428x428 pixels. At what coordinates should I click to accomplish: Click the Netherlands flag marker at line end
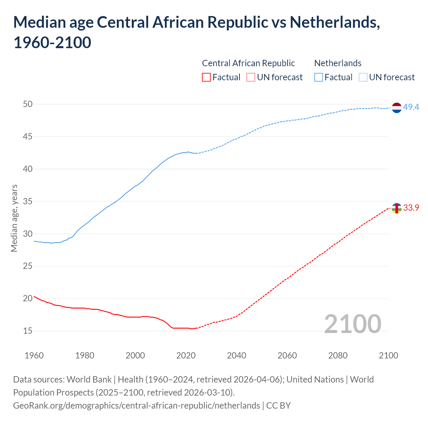pos(396,108)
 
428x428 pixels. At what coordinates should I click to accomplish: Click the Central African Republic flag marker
pos(396,208)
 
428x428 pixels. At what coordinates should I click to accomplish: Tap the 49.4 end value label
pos(411,107)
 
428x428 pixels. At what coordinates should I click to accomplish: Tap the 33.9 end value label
pos(411,208)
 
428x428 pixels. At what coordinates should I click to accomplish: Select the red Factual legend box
pos(206,77)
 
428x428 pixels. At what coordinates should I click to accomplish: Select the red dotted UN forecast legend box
pos(251,77)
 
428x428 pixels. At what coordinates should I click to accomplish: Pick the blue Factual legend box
pos(319,77)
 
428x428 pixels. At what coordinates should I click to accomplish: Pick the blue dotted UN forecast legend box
pos(363,77)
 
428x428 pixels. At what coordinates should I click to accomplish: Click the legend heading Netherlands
pos(338,63)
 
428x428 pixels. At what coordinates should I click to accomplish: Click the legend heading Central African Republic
pos(248,63)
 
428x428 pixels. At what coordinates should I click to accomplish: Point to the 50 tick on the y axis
pos(28,104)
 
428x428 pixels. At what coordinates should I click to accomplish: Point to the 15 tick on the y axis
pos(28,331)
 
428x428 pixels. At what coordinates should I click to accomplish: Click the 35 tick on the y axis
pos(28,201)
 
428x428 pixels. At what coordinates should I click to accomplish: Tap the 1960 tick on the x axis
pos(34,355)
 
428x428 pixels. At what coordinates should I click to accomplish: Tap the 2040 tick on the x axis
pos(236,355)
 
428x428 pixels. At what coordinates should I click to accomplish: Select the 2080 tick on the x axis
pos(338,355)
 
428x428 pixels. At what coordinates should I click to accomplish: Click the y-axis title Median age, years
pos(14,218)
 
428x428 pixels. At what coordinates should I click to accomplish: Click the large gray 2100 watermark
pos(352,324)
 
